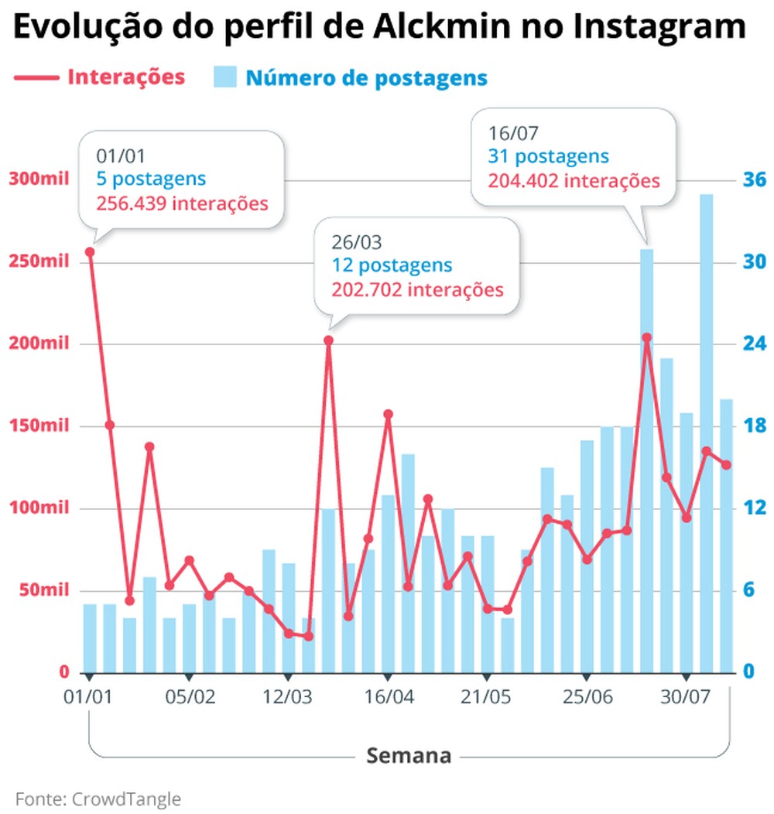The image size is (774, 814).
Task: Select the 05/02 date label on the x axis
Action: pyautogui.click(x=190, y=696)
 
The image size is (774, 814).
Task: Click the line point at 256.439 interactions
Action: pyautogui.click(x=90, y=252)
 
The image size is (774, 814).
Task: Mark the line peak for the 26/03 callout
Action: pyautogui.click(x=328, y=340)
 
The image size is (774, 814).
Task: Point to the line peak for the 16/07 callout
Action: pyautogui.click(x=647, y=337)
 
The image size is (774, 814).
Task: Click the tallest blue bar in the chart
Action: pyautogui.click(x=706, y=433)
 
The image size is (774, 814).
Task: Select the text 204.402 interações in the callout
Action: pyautogui.click(x=574, y=181)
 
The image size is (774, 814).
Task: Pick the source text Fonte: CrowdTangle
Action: pyautogui.click(x=98, y=799)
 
